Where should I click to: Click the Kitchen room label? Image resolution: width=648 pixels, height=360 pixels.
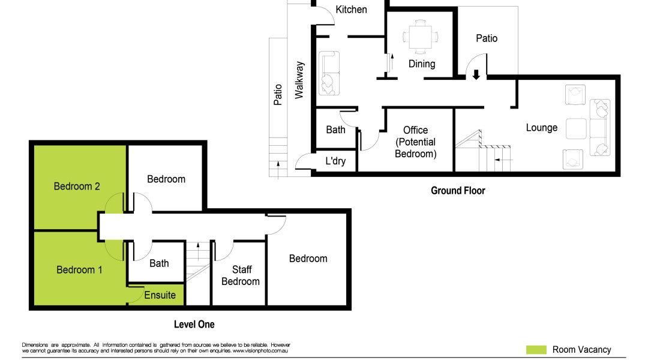[351, 10]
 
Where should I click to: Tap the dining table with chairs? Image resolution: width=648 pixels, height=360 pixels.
[420, 36]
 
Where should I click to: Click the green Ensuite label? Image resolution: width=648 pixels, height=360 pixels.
[160, 295]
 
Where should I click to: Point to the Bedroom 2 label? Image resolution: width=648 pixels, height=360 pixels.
[77, 186]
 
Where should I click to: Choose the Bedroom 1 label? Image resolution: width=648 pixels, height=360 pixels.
[79, 270]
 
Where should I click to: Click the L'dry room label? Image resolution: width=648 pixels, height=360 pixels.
[335, 161]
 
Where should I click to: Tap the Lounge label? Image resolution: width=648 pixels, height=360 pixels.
[541, 128]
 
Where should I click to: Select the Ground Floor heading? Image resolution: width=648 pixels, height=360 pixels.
[458, 191]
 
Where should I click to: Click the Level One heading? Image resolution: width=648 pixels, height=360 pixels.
[194, 325]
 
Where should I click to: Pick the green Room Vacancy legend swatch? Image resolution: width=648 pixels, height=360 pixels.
[536, 350]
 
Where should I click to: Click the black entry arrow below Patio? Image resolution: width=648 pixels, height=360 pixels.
[476, 74]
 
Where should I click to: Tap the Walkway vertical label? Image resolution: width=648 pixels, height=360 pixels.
[299, 80]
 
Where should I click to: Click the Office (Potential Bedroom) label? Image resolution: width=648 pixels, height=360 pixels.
[415, 142]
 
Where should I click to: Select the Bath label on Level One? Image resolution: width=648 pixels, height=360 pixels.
[159, 263]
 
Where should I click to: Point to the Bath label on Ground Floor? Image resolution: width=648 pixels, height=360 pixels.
[335, 130]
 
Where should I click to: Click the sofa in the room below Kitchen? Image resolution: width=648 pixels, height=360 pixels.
[329, 73]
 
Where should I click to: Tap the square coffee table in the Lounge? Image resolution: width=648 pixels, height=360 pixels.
[576, 128]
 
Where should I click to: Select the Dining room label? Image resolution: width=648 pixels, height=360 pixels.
[421, 64]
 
